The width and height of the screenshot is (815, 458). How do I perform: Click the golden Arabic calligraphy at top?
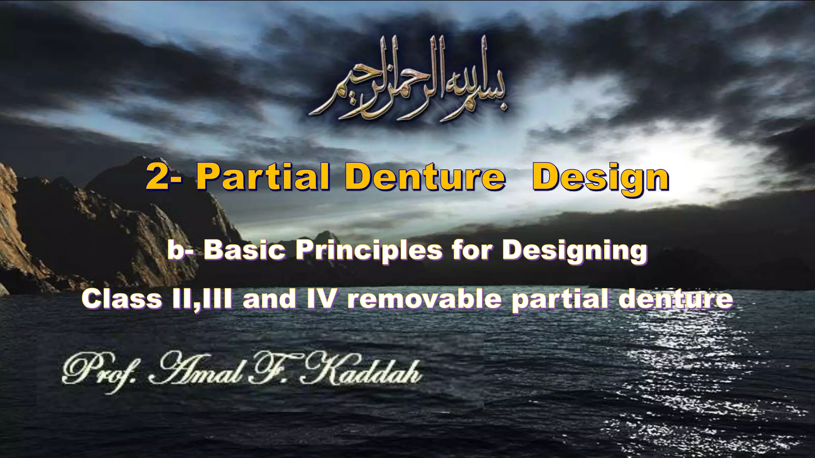click(408, 80)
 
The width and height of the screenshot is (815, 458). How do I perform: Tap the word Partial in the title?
click(263, 177)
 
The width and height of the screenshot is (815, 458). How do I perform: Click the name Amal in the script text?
click(195, 370)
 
